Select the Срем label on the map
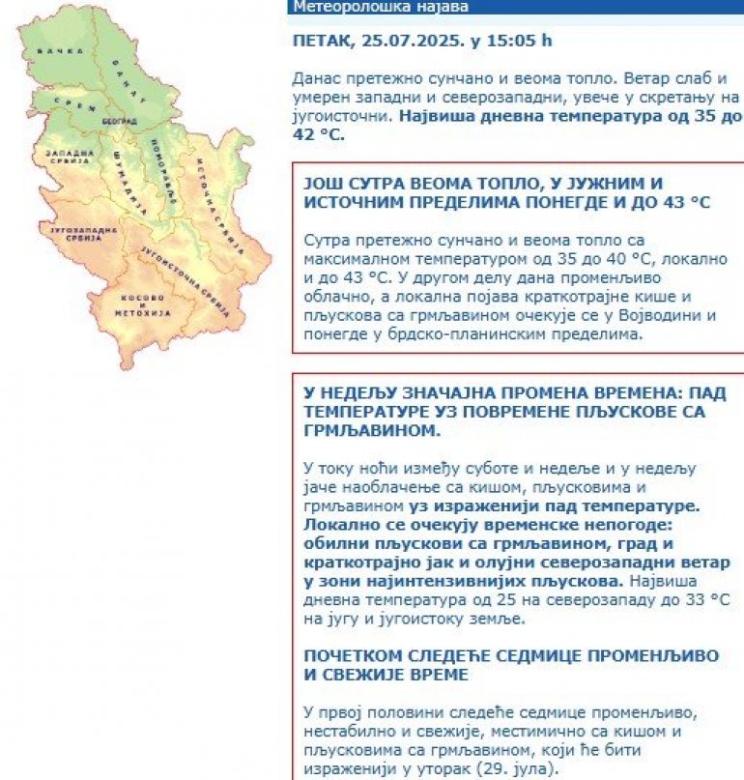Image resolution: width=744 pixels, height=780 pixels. [64, 101]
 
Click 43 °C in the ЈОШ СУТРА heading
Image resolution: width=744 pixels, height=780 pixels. [682, 201]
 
